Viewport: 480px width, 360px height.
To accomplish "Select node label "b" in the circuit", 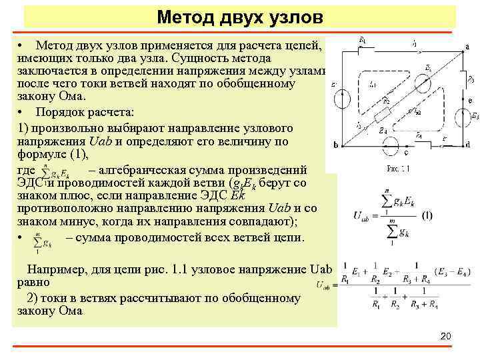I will [x=335, y=145].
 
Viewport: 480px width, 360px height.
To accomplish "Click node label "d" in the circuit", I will [x=467, y=145].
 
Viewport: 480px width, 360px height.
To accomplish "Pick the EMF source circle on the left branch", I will [x=342, y=99].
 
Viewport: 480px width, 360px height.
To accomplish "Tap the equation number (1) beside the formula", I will [x=427, y=215].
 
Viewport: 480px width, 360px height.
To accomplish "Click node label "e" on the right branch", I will [x=470, y=101].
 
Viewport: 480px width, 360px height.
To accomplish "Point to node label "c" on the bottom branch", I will [x=406, y=153].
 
